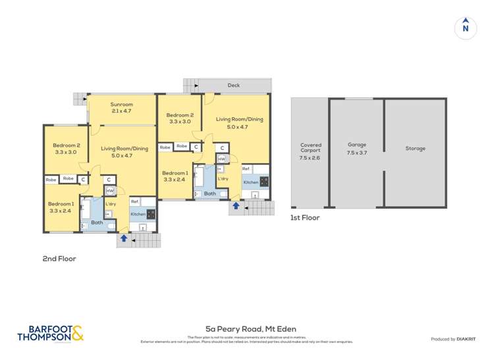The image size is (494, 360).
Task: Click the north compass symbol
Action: click(465, 28)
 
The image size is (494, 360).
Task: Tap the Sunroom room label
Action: click(121, 104)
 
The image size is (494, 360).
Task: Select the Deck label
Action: click(234, 86)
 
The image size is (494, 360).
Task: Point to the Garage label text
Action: click(356, 145)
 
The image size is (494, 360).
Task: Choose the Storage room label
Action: click(415, 148)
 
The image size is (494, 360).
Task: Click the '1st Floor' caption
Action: click(305, 217)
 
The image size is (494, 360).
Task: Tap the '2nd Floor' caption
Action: click(59, 259)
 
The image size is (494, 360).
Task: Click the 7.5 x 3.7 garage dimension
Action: click(356, 152)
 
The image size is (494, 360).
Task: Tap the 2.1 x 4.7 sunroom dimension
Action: click(121, 111)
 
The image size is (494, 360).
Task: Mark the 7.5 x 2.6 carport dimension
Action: click(310, 158)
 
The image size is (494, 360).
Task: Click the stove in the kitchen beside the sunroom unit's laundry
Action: click(151, 214)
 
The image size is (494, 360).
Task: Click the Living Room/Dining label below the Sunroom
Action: click(125, 149)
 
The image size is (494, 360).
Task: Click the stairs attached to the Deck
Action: click(190, 85)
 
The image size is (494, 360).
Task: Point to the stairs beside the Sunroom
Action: click(79, 99)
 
